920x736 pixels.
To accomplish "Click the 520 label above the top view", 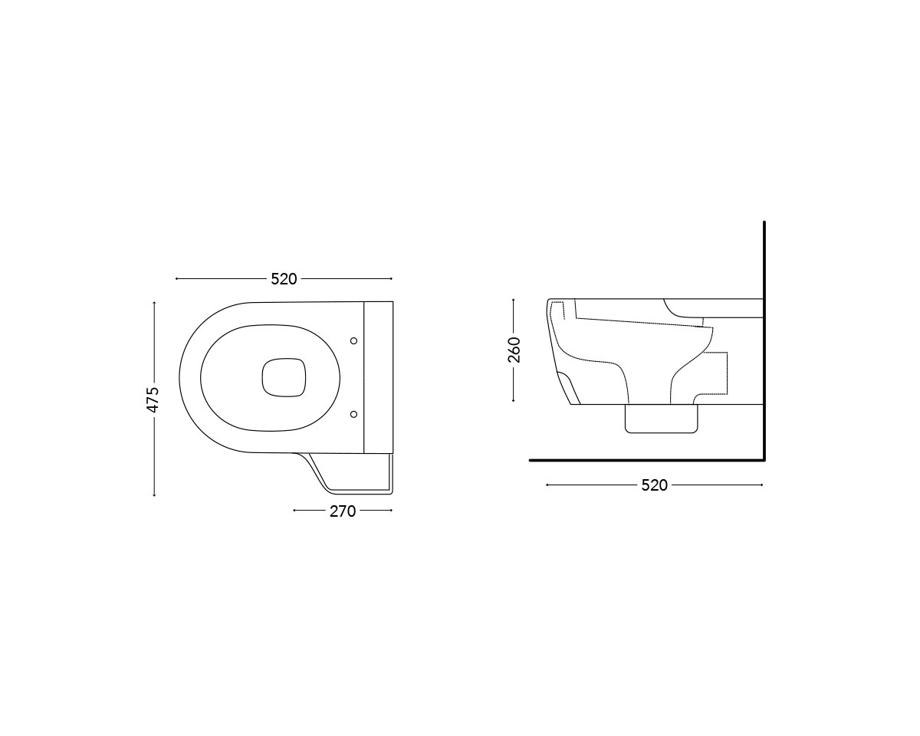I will [x=284, y=279].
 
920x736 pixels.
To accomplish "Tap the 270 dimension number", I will [x=343, y=511].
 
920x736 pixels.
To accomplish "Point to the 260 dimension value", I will [x=514, y=350].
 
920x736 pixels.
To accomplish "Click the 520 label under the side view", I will [x=654, y=485].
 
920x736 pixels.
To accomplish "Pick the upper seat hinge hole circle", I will [x=353, y=340].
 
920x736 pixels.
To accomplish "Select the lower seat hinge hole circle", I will [x=353, y=414].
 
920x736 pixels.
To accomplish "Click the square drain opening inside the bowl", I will [x=284, y=377].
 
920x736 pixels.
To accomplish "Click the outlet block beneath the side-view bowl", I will [x=662, y=419].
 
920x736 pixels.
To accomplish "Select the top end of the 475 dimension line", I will [x=154, y=302].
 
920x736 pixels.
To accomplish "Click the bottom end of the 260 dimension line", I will [x=514, y=401].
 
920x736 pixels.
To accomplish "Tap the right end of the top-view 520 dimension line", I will [x=391, y=279].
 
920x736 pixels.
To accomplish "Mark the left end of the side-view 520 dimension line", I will [x=547, y=485].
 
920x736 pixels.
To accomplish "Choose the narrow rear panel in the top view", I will [x=378, y=376].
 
